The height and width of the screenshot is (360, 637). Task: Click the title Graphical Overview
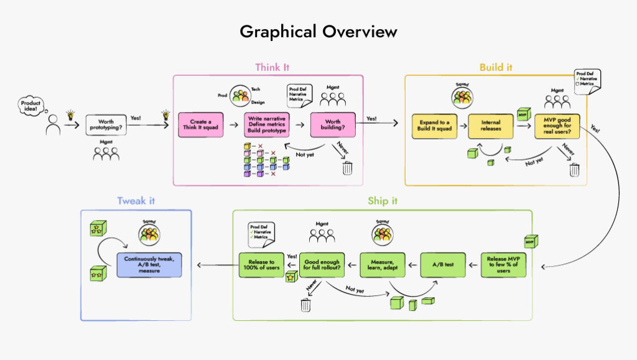318,32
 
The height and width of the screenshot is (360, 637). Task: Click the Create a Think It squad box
200,124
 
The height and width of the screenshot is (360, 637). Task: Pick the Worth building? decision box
332,124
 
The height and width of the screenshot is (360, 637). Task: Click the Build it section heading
495,67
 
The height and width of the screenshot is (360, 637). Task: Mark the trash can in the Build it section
574,169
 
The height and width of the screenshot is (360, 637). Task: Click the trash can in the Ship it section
305,304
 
